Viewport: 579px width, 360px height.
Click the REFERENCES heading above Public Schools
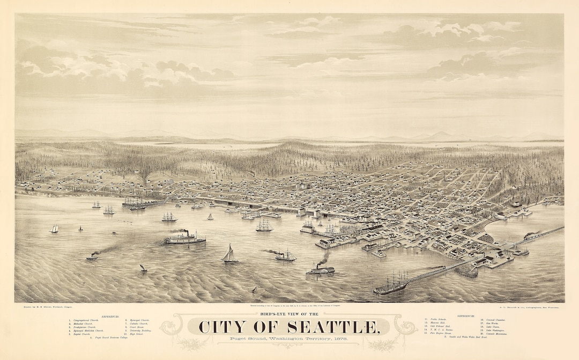pyautogui.click(x=467, y=316)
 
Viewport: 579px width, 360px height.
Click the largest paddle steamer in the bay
pyautogui.click(x=185, y=238)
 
